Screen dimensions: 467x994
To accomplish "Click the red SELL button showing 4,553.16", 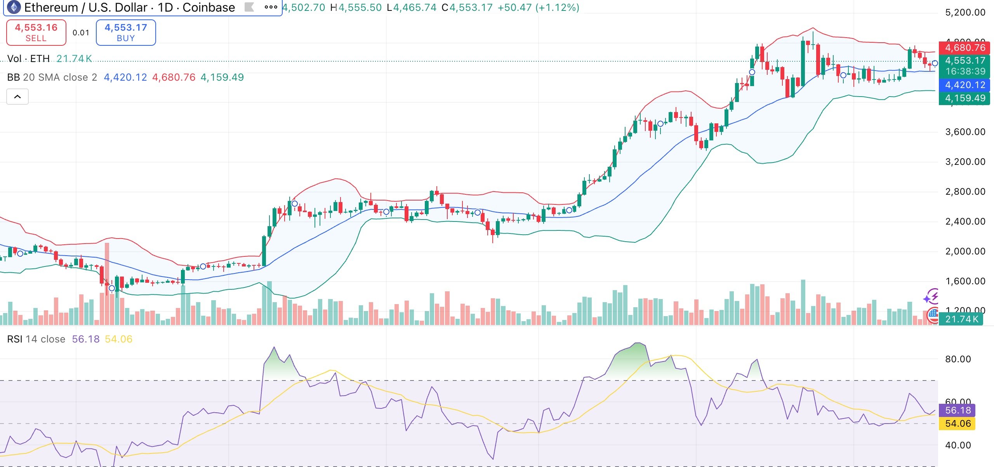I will click(x=36, y=33).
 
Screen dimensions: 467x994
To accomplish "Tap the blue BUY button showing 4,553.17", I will click(x=126, y=33).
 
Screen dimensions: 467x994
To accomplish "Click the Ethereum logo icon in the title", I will click(x=14, y=7).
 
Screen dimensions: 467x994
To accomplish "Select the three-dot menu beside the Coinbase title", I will click(x=271, y=7).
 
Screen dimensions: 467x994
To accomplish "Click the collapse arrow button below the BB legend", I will click(x=17, y=97).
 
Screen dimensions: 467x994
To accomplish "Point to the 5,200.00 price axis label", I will click(x=965, y=12).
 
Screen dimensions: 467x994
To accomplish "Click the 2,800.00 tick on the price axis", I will click(x=965, y=192).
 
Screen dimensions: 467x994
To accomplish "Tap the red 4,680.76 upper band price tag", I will click(x=965, y=48).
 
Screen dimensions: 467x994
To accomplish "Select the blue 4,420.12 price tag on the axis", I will click(x=965, y=85).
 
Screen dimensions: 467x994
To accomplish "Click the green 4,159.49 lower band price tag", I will click(x=965, y=98).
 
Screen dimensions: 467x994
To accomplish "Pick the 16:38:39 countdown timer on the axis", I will click(x=965, y=71).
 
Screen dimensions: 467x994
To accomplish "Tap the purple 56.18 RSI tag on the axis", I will click(x=958, y=410).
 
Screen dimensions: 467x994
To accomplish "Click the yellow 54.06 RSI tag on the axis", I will click(x=958, y=424).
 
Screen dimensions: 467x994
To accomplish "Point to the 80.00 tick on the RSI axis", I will click(x=958, y=359).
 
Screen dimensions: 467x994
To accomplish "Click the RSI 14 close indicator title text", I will click(x=36, y=339).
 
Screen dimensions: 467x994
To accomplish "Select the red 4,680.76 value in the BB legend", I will click(x=174, y=77).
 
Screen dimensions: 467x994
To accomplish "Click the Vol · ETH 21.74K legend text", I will click(x=49, y=59).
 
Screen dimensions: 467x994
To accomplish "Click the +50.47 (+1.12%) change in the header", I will click(x=538, y=7).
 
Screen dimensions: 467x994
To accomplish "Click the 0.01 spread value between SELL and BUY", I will click(x=81, y=33).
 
